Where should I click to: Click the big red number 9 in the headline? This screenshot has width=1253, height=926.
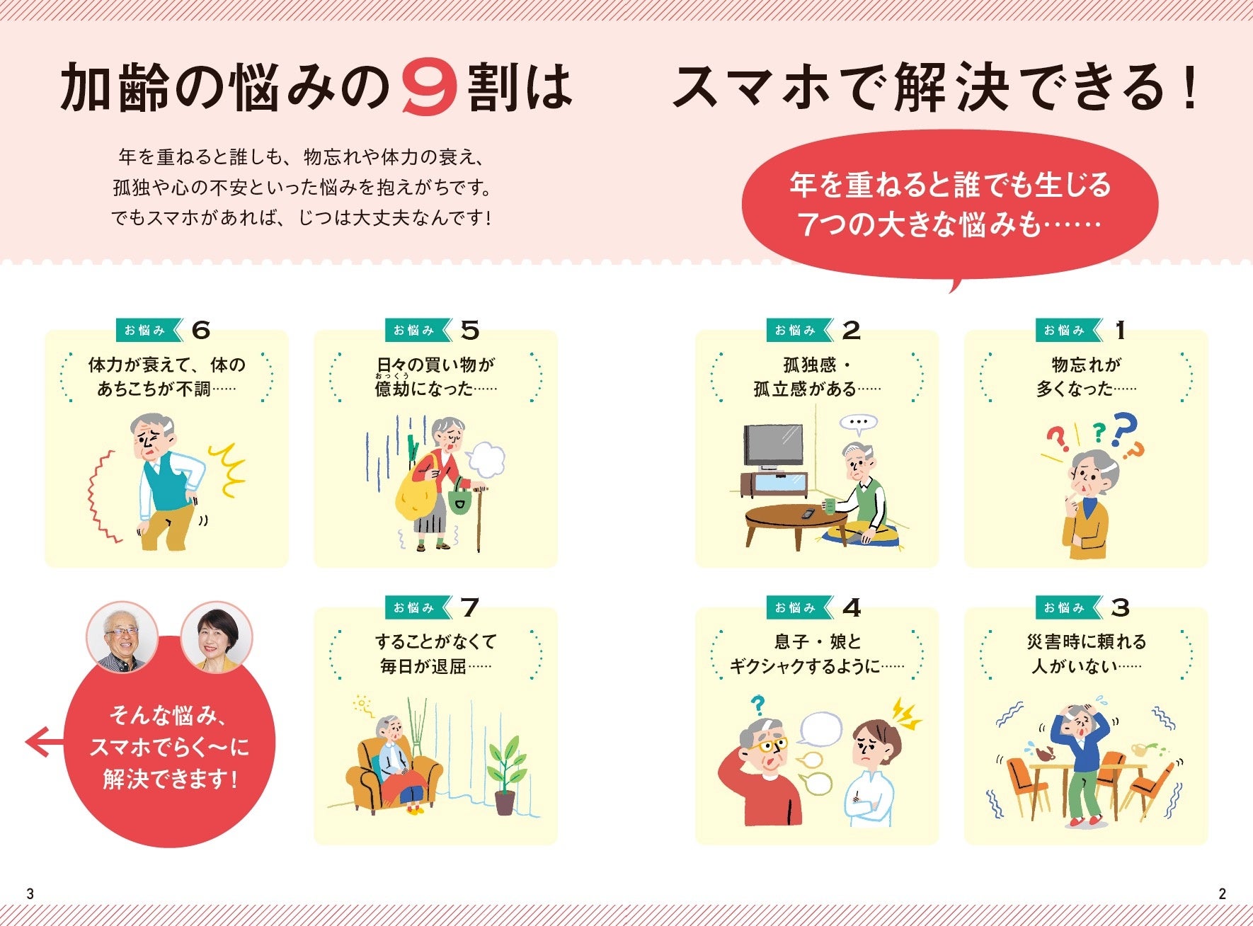pos(429,88)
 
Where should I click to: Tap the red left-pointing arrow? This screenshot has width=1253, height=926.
pos(45,742)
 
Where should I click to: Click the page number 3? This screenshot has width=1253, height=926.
pos(30,893)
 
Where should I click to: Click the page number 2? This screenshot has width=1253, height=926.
pos(1222,893)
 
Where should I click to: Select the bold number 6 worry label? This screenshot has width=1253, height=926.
pos(201,330)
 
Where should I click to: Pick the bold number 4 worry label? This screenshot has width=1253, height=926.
pos(852,607)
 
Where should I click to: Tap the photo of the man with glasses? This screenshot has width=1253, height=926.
pos(122,637)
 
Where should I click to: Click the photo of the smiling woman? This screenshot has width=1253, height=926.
pos(217,637)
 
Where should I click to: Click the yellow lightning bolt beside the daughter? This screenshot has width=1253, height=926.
pos(905,714)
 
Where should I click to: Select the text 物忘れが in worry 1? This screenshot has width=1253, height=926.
pos(1087,365)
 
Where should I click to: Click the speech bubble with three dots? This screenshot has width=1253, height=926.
pos(858,423)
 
